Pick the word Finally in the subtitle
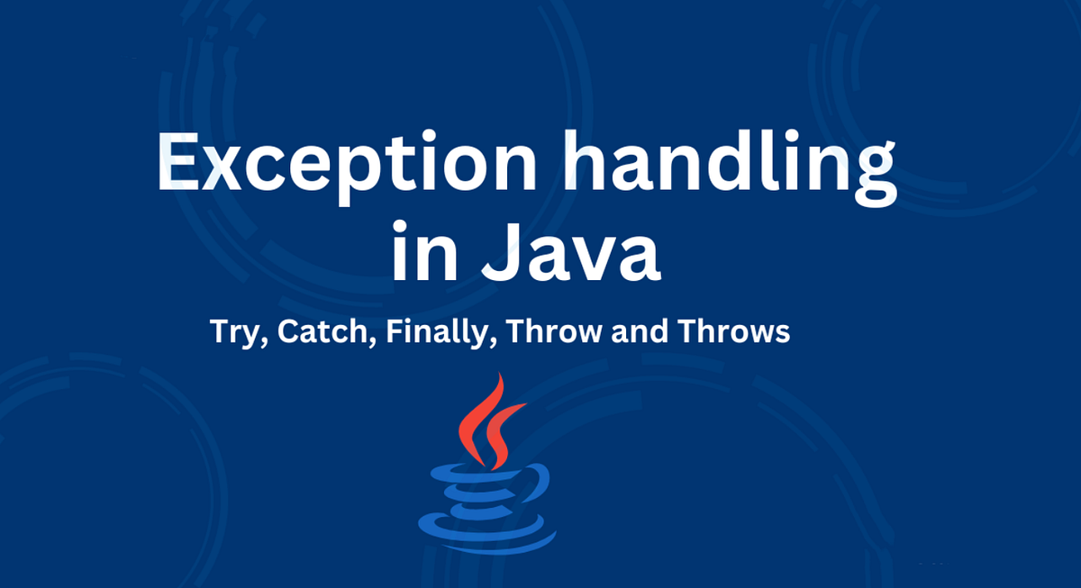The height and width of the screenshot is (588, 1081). point(439,333)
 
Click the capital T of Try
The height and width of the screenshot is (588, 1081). point(218,331)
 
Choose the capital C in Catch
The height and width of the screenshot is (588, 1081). point(286,331)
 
